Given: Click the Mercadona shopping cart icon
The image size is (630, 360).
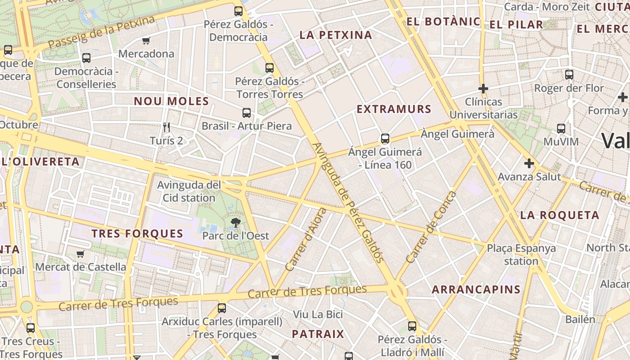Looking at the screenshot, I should tap(146, 41).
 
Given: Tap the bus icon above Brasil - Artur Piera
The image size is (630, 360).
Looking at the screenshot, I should tap(247, 113).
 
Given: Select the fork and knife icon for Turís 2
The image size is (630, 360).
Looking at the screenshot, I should tap(167, 127).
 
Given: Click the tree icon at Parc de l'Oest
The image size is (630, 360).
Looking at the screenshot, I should tap(235, 222).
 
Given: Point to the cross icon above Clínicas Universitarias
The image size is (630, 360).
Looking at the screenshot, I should tap(483, 89).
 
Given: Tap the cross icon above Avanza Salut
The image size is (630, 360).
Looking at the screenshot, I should tap(529, 163).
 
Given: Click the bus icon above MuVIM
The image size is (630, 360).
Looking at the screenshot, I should tap(561, 129).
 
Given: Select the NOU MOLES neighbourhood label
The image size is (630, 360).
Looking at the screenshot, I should tap(171, 101).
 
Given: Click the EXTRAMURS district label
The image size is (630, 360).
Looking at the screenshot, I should tap(394, 109).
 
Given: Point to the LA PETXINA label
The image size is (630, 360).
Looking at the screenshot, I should tap(336, 35).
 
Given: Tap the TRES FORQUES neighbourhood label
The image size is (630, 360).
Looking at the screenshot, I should tap(137, 234).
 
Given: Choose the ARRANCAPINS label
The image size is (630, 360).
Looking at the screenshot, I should tap(476, 289).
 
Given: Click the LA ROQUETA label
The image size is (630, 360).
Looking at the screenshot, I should tap(560, 215).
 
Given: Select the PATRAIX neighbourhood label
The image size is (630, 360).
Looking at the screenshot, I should tap(318, 334).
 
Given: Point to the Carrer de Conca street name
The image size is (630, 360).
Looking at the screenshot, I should tap(431, 228).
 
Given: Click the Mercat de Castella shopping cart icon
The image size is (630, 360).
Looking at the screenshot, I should tap(81, 254).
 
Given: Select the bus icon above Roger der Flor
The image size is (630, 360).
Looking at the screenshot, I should tap(569, 75).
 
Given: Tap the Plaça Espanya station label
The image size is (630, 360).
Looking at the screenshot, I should tap(521, 254).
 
